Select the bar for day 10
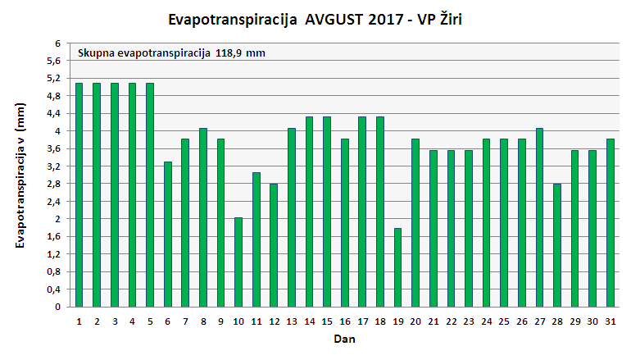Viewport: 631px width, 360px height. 238,262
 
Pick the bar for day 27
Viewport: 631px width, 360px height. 539,218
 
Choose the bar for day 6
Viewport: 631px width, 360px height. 168,235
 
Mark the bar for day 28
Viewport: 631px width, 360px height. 557,245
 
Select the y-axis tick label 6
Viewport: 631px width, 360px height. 57,43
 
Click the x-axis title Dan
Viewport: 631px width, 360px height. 343,338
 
